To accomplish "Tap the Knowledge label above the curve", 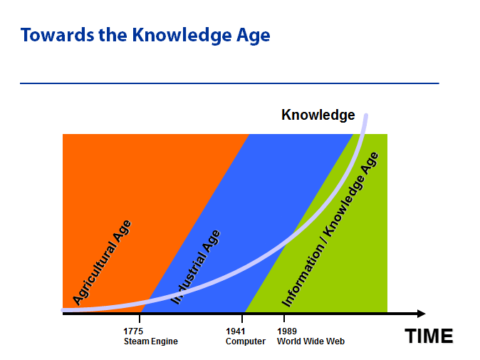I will [318, 115].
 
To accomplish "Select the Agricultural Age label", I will [103, 262].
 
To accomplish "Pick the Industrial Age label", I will [196, 267].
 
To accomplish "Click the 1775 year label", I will [133, 331].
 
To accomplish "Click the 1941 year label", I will [236, 331].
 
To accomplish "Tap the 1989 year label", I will [287, 331].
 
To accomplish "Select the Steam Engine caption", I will [150, 341].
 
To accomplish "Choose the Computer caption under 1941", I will [246, 341].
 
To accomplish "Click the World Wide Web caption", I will [311, 341].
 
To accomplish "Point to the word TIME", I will [429, 336].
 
